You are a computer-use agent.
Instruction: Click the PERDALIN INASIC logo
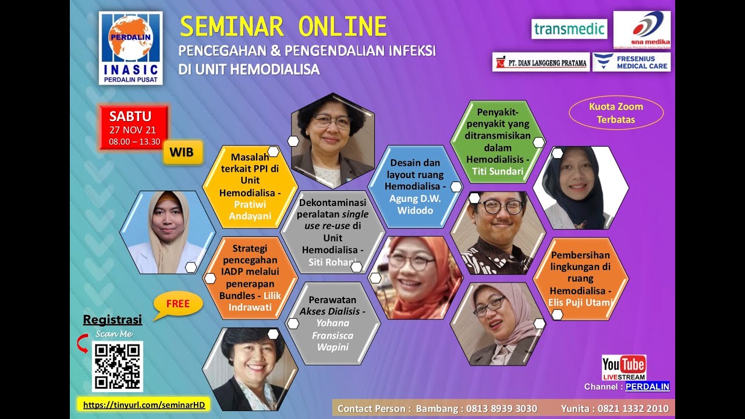click(130, 48)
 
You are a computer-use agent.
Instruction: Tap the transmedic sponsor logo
click(569, 29)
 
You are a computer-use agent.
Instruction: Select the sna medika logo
click(641, 30)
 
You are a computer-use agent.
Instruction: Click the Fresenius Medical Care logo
click(631, 62)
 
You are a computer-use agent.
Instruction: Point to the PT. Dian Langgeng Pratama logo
click(541, 62)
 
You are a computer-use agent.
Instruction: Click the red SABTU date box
click(134, 127)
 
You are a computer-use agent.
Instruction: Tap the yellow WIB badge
click(183, 152)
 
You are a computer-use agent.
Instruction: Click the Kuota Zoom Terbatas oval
click(616, 113)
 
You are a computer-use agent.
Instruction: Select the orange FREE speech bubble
click(178, 304)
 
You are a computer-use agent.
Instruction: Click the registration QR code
click(118, 366)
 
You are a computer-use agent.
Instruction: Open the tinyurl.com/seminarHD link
click(144, 404)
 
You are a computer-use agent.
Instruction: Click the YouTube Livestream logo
click(624, 367)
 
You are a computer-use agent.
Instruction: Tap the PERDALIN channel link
click(647, 386)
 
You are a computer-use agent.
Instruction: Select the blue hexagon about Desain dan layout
click(416, 186)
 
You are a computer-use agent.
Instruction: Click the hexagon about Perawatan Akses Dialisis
click(332, 323)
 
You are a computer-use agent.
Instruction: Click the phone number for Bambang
click(501, 409)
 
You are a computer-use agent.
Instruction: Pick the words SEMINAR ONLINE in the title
click(283, 27)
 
